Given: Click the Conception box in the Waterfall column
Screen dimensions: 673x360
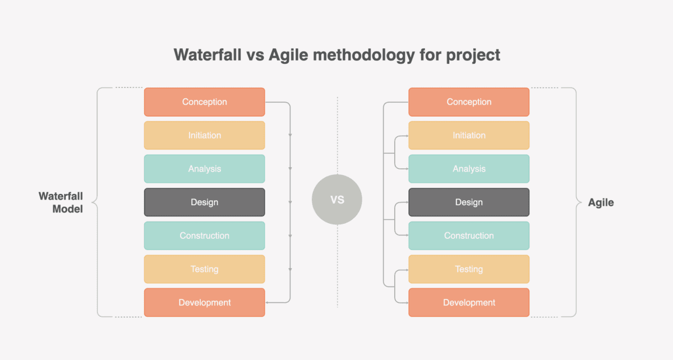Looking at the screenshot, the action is [204, 102].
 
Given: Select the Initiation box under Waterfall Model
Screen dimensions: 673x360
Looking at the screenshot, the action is [204, 135].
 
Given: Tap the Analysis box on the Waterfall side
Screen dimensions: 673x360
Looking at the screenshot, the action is [204, 169].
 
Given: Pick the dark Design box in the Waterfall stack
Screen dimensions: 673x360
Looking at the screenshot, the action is [204, 202].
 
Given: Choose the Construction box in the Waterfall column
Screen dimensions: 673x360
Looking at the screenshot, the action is [204, 236].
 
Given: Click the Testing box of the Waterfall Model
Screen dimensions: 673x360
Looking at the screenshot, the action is [204, 269].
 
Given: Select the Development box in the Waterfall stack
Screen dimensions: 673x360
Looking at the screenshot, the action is [204, 302].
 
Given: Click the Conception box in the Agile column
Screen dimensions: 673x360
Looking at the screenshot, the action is [469, 102].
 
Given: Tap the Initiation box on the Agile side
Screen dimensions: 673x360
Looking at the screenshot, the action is [469, 135].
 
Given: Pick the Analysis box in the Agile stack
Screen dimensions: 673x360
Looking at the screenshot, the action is [469, 169].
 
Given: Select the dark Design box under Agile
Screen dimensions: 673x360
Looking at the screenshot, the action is [469, 202].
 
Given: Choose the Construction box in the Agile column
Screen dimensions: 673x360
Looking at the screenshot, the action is [469, 236].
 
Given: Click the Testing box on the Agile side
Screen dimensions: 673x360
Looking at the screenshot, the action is [469, 269].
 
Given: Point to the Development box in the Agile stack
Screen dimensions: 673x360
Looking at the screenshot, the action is [469, 302].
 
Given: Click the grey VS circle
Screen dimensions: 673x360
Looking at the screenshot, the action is [337, 200].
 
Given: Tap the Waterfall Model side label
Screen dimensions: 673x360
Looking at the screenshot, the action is [61, 202].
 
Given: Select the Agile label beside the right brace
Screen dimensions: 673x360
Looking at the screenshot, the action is [601, 202].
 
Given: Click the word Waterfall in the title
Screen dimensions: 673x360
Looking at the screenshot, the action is [208, 55].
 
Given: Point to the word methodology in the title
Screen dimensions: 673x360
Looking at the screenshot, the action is [364, 56].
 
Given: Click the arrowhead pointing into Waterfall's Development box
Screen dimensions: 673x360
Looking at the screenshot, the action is [268, 302].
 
